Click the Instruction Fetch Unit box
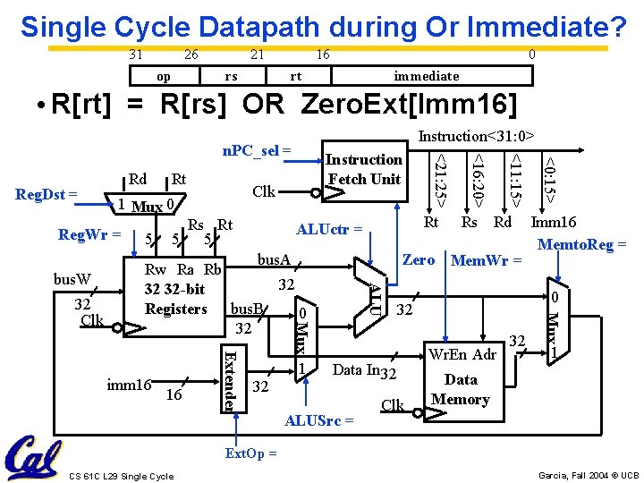click(364, 169)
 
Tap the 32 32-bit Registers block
click(175, 290)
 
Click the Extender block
click(229, 378)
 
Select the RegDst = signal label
click(47, 192)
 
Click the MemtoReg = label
click(582, 244)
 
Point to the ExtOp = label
click(250, 453)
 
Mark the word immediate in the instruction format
click(426, 76)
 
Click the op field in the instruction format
click(164, 76)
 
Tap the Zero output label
click(419, 260)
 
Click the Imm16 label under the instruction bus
click(554, 223)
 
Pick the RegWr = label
click(89, 235)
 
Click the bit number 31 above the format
click(135, 55)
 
